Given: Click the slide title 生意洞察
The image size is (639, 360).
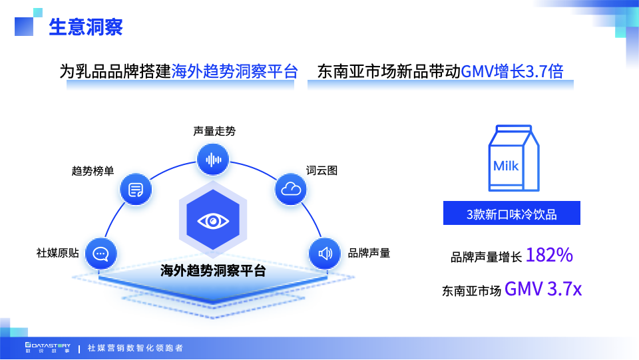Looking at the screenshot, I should tap(85, 28).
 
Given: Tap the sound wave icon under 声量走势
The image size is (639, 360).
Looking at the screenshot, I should tap(214, 159).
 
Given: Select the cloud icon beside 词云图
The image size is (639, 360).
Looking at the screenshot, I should tap(291, 189).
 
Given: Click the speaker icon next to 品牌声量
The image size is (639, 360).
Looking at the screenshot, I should tap(325, 253).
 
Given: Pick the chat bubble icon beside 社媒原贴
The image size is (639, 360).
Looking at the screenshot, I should tap(101, 254).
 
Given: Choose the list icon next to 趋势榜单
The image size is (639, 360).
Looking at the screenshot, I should tap(136, 190).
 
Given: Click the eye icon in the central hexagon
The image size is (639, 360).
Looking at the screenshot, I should tap(213, 220).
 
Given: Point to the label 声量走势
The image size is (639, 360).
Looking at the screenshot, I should tap(214, 131).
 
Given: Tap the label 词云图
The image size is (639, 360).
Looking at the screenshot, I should tap(321, 170).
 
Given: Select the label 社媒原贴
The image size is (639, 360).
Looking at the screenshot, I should tap(58, 253).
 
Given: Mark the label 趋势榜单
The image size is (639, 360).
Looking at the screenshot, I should tap(93, 171).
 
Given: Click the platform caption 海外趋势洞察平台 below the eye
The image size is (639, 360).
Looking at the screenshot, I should tap(213, 271).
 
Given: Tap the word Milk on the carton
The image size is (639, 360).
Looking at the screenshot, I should tap(506, 166).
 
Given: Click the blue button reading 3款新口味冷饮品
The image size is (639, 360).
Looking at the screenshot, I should tap(512, 214).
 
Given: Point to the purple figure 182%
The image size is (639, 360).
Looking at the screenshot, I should tap(549, 255).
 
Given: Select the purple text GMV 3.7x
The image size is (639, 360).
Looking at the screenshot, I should tap(543, 289).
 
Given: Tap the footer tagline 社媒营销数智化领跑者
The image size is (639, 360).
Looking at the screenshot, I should tap(135, 348).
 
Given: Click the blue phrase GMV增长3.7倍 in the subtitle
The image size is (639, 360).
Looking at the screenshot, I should tap(512, 72).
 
